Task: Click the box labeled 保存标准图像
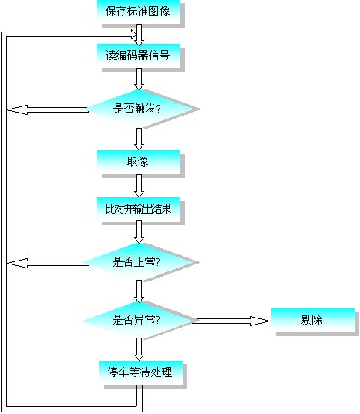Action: [x=139, y=12]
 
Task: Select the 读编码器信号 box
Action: [x=139, y=56]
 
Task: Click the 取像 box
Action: [x=139, y=162]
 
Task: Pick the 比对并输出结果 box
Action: [x=139, y=209]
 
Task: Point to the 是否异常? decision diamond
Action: [x=138, y=320]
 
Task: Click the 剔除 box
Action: [x=313, y=320]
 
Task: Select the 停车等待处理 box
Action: [x=141, y=372]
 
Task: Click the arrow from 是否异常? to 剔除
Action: [x=231, y=321]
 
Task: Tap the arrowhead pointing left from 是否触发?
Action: [x=18, y=109]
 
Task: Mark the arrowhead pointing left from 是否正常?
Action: [x=17, y=263]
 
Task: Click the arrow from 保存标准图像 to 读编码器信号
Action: [x=139, y=35]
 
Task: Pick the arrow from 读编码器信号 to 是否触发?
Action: [x=139, y=79]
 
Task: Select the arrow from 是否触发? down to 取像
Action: [x=139, y=139]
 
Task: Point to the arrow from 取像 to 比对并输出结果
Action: [x=139, y=186]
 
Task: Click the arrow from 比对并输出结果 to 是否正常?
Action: [x=139, y=232]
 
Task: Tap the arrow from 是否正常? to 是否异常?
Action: [x=139, y=291]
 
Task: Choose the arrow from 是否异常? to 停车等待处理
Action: [x=139, y=349]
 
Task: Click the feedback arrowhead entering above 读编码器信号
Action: [x=133, y=35]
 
